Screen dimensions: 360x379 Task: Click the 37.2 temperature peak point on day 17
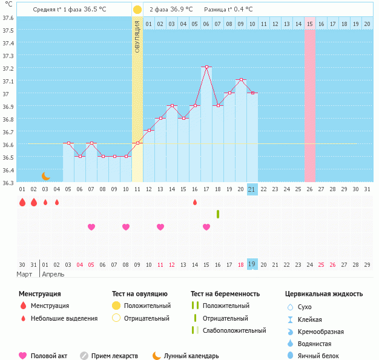click(x=206, y=67)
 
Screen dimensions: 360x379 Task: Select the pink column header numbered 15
click(x=309, y=24)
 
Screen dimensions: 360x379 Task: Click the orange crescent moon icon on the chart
click(x=46, y=175)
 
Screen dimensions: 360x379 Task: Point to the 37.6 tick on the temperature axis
click(x=8, y=18)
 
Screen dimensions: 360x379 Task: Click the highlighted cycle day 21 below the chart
click(x=252, y=189)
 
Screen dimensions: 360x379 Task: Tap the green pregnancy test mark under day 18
click(x=218, y=214)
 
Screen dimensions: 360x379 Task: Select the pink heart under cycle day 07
click(x=91, y=227)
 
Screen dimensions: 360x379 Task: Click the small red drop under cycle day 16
click(x=195, y=202)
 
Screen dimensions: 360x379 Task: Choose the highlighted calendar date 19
click(x=252, y=264)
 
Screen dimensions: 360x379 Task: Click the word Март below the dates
click(x=25, y=274)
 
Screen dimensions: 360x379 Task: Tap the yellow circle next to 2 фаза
click(x=137, y=10)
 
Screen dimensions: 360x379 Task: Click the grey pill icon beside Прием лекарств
click(x=84, y=356)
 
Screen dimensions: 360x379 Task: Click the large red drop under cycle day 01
click(x=22, y=202)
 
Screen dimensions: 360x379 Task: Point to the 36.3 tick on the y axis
click(x=8, y=183)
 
